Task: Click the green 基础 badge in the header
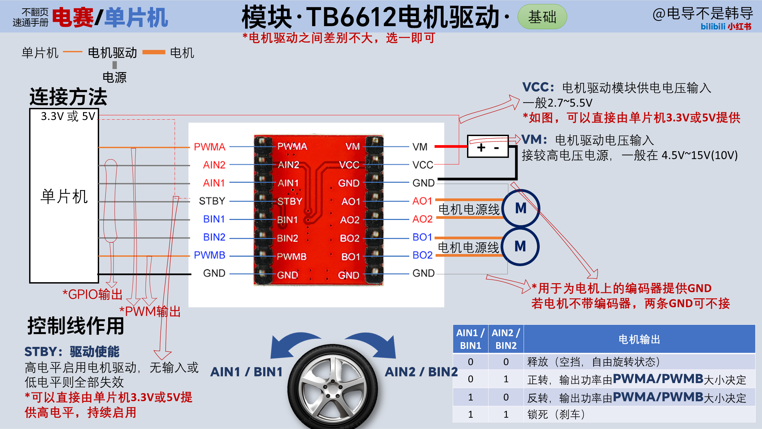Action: (542, 17)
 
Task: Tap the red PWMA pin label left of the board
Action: (210, 147)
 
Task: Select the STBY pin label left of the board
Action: (212, 201)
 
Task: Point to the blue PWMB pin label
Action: (210, 255)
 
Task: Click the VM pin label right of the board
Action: (420, 147)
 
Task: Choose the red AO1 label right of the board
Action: (423, 201)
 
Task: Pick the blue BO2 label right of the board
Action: (423, 255)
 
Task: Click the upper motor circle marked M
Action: (521, 208)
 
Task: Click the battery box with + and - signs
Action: (488, 147)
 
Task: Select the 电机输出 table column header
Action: (639, 339)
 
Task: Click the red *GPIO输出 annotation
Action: (92, 295)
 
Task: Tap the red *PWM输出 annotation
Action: (150, 312)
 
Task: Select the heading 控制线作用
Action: (76, 326)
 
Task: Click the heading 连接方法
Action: (68, 97)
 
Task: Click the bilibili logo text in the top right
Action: (713, 26)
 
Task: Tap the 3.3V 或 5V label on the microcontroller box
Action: (68, 116)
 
